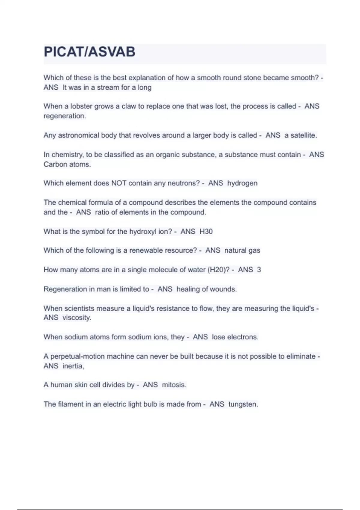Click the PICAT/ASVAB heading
coord(89,52)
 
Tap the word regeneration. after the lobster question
coord(65,116)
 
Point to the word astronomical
coord(78,135)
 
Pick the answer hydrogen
coord(242,183)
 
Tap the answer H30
coord(206,232)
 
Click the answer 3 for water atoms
coord(259,270)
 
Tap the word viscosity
coord(77,318)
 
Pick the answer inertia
coord(73,366)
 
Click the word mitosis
coord(174,385)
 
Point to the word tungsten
coord(243,404)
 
